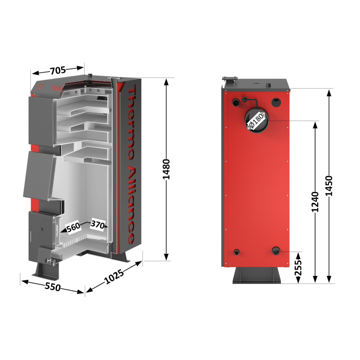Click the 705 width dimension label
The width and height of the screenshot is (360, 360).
coord(58,70)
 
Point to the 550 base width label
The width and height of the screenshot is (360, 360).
coord(53,287)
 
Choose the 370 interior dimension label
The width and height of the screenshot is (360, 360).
coord(98,224)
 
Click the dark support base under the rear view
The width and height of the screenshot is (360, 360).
coord(257,275)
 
